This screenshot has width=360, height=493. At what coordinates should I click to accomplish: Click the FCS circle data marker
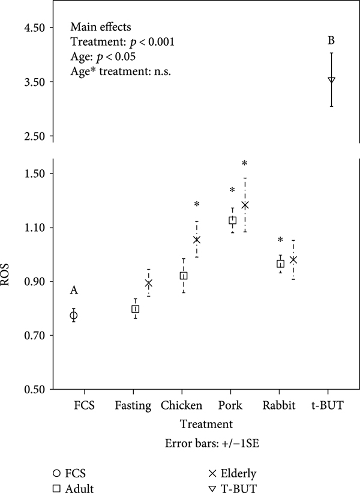tap(74, 315)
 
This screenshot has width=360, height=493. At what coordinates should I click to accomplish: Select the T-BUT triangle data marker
tap(331, 80)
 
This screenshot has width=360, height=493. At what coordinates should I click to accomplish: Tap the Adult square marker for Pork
tap(232, 220)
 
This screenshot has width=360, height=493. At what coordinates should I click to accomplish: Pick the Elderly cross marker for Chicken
tap(196, 240)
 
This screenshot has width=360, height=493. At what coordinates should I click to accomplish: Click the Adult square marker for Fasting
tap(136, 309)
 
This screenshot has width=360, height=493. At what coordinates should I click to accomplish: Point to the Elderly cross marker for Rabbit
tap(293, 259)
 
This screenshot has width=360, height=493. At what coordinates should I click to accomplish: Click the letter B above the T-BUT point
tap(331, 41)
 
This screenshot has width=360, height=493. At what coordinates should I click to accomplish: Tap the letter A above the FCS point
tap(74, 291)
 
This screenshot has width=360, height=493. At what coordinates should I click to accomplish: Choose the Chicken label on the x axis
tap(181, 405)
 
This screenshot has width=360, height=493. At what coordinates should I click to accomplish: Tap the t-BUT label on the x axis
tap(328, 405)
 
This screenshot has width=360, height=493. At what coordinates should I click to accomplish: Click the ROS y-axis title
tap(10, 280)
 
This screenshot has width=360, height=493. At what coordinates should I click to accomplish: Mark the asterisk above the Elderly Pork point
tap(245, 164)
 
